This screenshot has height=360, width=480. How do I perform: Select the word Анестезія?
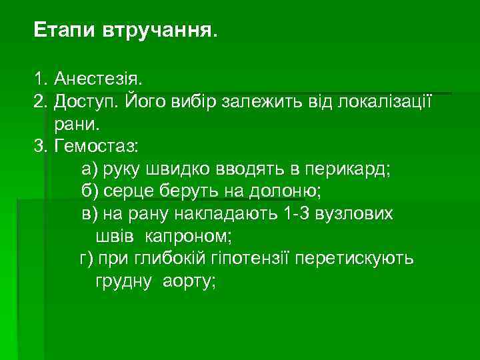(x=99, y=81)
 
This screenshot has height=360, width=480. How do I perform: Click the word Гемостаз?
(x=96, y=146)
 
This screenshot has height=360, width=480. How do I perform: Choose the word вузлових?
(x=359, y=214)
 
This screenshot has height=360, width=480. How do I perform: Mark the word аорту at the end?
(x=189, y=281)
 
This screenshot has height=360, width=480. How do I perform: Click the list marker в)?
(x=89, y=214)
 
